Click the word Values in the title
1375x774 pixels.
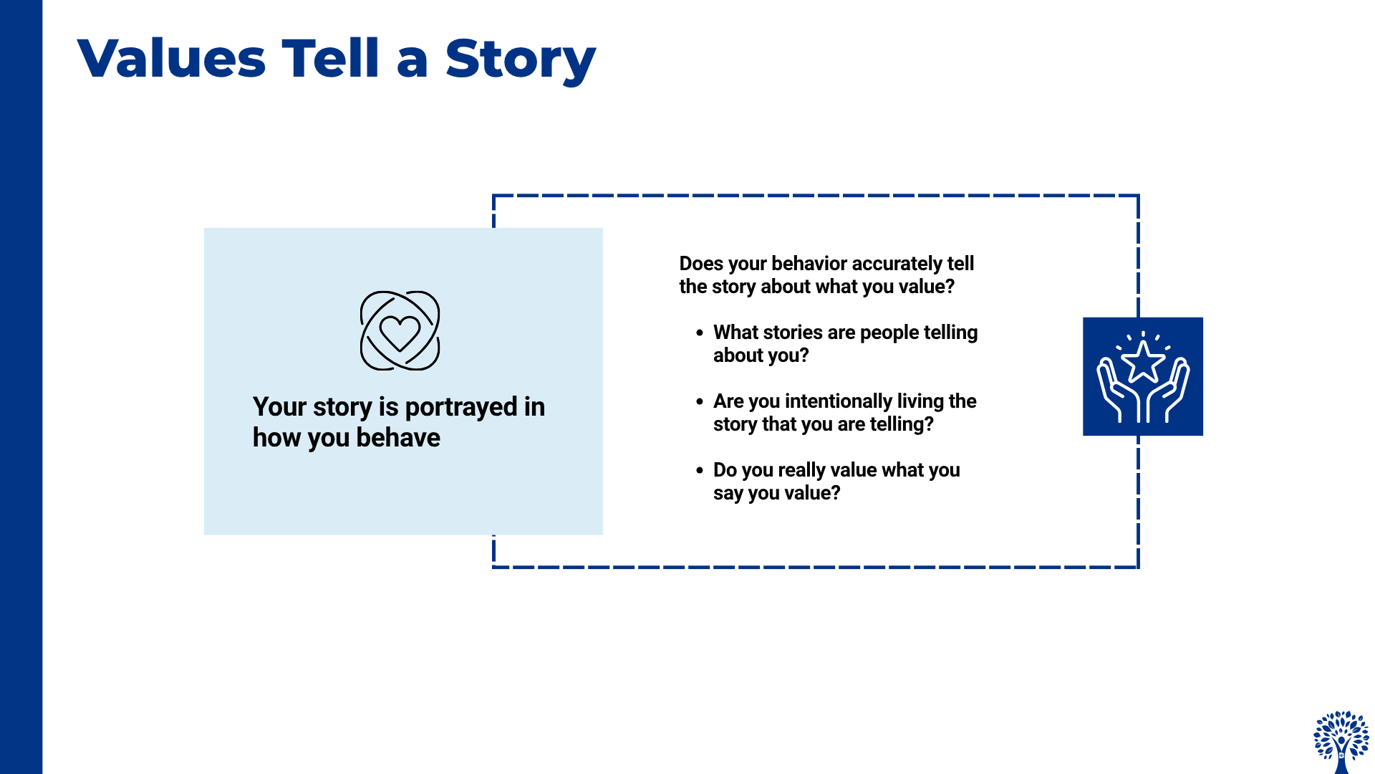[172, 59]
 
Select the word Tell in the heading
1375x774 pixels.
[330, 58]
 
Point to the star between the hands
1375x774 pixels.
[1143, 362]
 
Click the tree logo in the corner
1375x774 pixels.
[1341, 742]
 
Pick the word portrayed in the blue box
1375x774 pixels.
[461, 407]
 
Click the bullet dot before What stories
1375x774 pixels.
[700, 333]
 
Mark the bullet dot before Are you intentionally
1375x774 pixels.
[700, 402]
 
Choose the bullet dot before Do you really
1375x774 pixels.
[700, 471]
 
